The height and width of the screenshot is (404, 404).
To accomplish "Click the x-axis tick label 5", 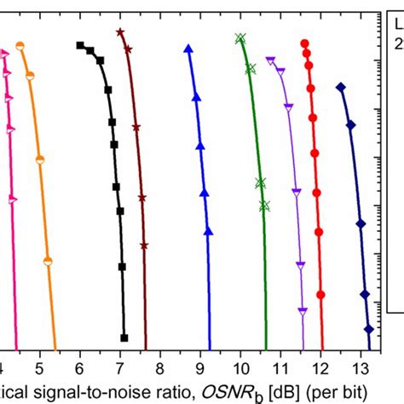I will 40,367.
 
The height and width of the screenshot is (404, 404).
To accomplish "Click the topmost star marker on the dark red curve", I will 120,32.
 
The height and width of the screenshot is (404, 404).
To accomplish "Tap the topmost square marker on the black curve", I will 80,45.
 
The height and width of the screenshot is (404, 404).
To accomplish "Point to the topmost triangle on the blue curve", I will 188,49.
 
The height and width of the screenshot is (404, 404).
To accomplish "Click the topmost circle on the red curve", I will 304,42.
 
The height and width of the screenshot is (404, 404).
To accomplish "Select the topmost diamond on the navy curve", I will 341,87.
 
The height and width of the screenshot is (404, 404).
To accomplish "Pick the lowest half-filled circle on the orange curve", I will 48,260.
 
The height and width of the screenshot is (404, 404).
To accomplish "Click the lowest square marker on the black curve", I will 124,338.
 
